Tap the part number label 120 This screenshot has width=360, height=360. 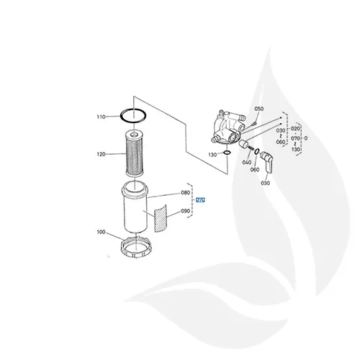click(x=101, y=153)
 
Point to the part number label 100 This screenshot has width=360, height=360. click(x=101, y=232)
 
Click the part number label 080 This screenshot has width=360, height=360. click(x=185, y=193)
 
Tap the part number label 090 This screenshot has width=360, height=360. click(x=185, y=212)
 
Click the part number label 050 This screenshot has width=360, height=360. click(x=260, y=109)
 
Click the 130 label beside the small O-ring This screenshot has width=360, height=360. click(x=211, y=155)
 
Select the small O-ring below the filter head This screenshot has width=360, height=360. click(x=226, y=153)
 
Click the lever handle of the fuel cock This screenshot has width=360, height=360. click(x=268, y=161)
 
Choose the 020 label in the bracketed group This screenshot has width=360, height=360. click(x=295, y=127)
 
